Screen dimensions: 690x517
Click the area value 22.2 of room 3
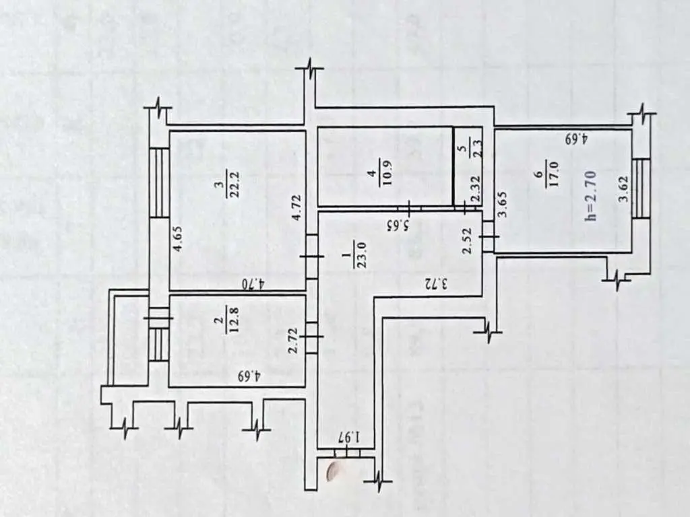(234, 183)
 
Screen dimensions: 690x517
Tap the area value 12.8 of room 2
(234, 320)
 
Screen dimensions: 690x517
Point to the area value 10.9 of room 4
(386, 173)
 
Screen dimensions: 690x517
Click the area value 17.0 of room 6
(554, 174)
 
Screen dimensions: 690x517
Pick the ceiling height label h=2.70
(590, 195)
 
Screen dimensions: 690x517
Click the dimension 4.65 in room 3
(178, 238)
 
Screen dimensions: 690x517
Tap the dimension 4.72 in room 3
(297, 207)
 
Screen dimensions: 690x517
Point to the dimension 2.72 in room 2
(294, 340)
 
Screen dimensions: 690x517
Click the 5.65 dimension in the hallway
(399, 225)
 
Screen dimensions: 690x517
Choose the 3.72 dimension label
(436, 284)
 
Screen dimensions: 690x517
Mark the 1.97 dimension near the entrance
(350, 438)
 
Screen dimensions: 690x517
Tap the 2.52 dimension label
(468, 240)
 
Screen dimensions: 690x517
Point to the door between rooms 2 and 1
(311, 337)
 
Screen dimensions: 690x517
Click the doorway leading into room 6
(489, 236)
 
